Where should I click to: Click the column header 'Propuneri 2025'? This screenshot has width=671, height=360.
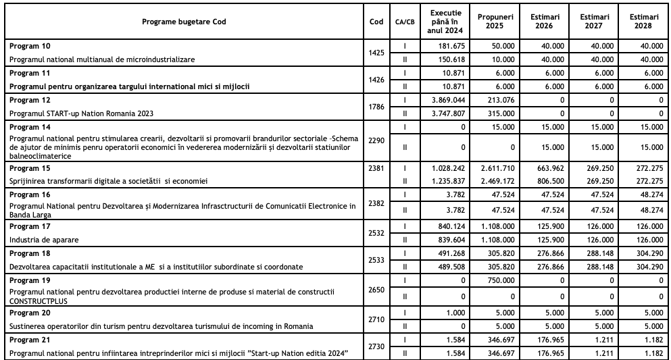pos(493,21)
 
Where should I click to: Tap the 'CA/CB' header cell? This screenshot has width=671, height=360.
pos(405,22)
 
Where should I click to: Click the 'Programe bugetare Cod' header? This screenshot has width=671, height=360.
pos(184,22)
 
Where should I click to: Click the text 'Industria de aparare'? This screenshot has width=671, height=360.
pos(42,239)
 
